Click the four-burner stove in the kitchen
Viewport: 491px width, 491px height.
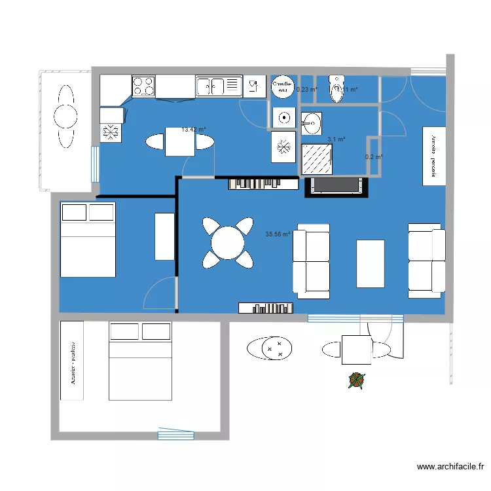click(x=144, y=86)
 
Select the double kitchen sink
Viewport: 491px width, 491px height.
click(x=218, y=86)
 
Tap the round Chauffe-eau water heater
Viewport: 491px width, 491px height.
click(x=282, y=86)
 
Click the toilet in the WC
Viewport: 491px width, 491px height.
click(x=337, y=90)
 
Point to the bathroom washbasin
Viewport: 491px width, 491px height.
click(x=312, y=121)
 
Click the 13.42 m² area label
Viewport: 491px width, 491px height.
click(x=194, y=130)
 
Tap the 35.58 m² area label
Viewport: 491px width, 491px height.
click(x=278, y=234)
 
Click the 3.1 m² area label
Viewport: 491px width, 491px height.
click(x=336, y=139)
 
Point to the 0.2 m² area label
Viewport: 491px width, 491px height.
click(x=374, y=157)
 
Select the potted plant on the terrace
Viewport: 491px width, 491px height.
click(x=356, y=380)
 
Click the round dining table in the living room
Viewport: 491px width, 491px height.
click(x=227, y=243)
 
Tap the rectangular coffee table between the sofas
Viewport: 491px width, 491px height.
click(x=371, y=263)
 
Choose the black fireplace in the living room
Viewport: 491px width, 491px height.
click(x=337, y=186)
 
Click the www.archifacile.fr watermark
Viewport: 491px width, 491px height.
click(x=450, y=467)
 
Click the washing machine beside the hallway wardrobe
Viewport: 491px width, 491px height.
click(x=283, y=118)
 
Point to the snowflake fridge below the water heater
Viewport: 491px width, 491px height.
click(x=283, y=146)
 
